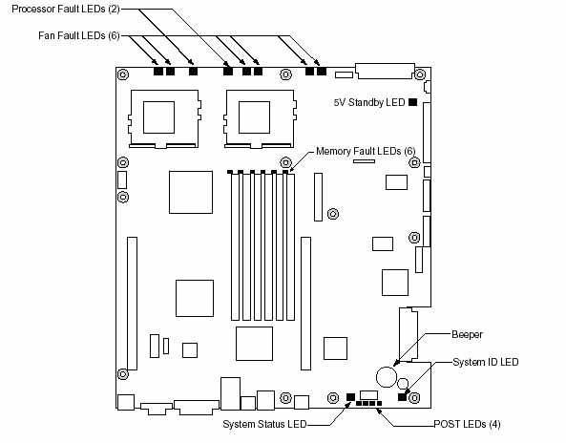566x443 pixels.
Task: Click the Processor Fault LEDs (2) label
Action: [x=66, y=9]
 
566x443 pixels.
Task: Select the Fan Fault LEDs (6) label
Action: [x=79, y=35]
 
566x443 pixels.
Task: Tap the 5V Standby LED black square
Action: [x=413, y=102]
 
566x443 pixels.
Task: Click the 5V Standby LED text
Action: [x=369, y=102]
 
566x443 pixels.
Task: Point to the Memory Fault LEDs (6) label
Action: [x=366, y=151]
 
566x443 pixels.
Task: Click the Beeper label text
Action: [x=467, y=334]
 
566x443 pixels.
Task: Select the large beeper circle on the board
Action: [x=387, y=377]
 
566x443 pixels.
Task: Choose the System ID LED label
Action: [x=486, y=362]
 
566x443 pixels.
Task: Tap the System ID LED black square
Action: [x=402, y=397]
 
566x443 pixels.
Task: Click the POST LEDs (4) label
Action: [x=467, y=424]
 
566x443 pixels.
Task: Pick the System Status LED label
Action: [x=264, y=424]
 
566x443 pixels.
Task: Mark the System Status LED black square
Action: [x=350, y=397]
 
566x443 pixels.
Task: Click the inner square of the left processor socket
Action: [x=158, y=117]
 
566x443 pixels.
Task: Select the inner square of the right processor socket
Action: [x=255, y=117]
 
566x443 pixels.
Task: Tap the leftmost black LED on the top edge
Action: [x=158, y=71]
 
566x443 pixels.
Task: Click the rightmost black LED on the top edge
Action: [x=322, y=71]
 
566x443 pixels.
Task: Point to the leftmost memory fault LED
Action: [x=230, y=172]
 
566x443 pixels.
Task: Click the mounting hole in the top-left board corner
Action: [x=123, y=74]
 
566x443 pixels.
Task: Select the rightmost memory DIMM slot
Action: [x=290, y=247]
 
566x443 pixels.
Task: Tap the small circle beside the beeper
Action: [x=403, y=383]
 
